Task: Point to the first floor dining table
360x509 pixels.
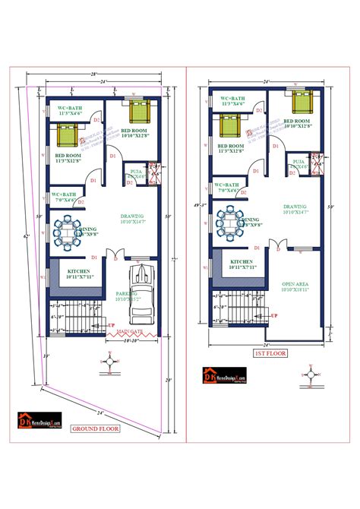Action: (x=229, y=222)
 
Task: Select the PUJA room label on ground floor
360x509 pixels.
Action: (x=137, y=172)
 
